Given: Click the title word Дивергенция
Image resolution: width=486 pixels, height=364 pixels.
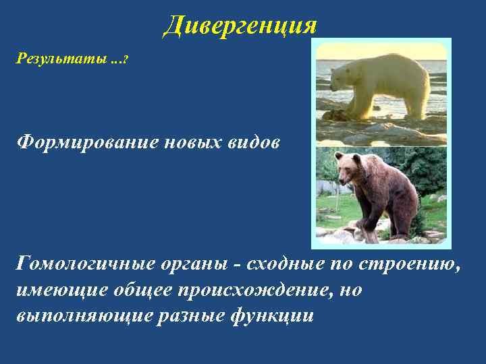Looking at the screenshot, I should click(x=240, y=26).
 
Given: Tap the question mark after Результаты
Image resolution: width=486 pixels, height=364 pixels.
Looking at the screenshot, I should click(x=126, y=60).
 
